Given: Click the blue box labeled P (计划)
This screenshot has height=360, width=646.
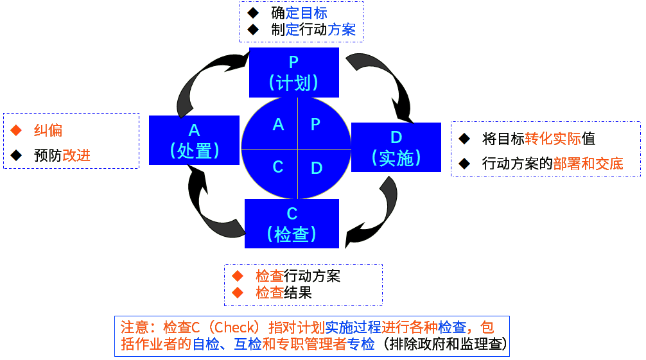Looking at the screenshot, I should coord(293,72).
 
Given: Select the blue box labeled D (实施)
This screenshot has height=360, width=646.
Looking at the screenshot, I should coord(396,148).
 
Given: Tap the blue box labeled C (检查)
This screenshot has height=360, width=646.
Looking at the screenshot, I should coord(292,223).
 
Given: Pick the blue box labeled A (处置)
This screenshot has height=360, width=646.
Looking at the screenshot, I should coord(194,140).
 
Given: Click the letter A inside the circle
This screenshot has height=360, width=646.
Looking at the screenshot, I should coord(278,124).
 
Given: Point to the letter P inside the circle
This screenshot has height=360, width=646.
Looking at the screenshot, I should coord(315,124).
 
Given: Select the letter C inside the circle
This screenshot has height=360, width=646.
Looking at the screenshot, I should coord(278,167).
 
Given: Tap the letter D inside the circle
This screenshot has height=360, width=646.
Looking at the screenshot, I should coord(317,168).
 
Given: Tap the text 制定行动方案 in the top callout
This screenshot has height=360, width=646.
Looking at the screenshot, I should coord(313,30).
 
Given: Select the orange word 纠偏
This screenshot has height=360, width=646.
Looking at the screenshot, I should coord(48,131).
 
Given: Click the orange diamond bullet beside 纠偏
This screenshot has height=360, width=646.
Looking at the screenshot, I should coord(16,131).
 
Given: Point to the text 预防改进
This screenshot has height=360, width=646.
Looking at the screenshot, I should coord(62,155).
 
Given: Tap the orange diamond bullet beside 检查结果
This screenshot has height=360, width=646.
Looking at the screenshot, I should coord(238,293).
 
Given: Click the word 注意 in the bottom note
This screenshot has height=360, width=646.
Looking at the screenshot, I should coord(133,327).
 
